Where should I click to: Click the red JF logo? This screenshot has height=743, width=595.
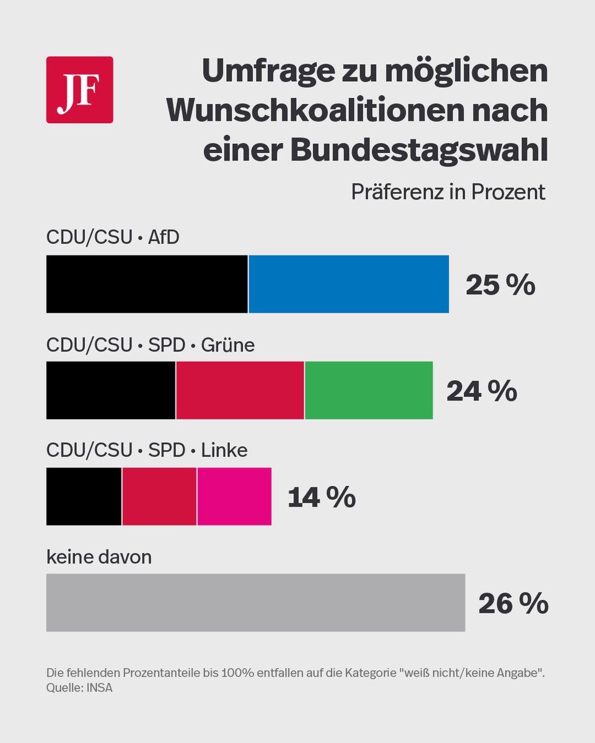[79, 90]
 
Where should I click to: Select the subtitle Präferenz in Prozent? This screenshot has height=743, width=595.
[448, 192]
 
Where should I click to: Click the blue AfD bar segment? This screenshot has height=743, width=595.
[348, 284]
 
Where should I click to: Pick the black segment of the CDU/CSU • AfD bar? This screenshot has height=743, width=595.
[147, 284]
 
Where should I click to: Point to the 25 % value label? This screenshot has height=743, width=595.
[500, 285]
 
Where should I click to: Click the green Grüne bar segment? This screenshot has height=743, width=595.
[369, 390]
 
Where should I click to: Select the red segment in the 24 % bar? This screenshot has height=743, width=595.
[240, 390]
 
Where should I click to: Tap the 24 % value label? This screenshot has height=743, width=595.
[482, 391]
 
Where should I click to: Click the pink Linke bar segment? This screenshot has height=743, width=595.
[234, 497]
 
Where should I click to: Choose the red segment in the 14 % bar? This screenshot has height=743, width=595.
[159, 497]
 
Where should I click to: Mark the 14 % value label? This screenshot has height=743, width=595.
[321, 498]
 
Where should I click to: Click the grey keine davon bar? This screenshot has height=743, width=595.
[255, 602]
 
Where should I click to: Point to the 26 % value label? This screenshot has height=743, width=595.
[513, 604]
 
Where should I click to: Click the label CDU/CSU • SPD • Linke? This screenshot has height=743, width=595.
[147, 450]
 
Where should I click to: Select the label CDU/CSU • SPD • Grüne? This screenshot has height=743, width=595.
[151, 344]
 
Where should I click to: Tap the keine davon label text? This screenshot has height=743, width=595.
[99, 557]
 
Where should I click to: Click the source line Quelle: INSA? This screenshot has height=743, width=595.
[79, 688]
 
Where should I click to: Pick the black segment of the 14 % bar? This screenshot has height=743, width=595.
[84, 497]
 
